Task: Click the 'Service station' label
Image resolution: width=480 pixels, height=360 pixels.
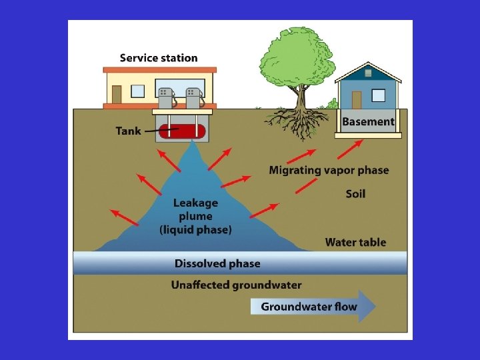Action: [159, 58]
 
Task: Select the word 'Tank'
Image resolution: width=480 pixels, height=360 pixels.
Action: [128, 131]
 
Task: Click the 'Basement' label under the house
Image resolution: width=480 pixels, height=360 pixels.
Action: [368, 122]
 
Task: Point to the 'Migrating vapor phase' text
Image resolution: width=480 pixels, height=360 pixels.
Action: [329, 170]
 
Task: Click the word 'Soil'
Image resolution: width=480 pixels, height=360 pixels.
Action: [355, 194]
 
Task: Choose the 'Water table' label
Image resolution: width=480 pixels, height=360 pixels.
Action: [355, 242]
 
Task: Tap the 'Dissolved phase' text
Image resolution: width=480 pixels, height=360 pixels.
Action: [217, 263]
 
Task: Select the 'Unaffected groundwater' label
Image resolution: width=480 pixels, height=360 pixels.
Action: [236, 285]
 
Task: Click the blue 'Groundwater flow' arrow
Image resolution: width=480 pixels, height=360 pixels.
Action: [313, 307]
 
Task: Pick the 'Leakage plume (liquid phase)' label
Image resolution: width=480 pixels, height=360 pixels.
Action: [195, 216]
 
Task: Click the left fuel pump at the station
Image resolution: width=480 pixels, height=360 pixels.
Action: [166, 98]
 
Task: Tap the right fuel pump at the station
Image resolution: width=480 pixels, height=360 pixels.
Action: [194, 98]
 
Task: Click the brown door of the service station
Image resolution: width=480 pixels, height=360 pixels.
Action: [117, 94]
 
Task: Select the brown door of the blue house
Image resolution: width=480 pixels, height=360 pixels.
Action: [356, 99]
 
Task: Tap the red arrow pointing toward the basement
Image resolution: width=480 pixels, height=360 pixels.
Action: [354, 146]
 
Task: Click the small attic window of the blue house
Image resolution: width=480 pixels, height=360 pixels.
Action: [367, 73]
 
